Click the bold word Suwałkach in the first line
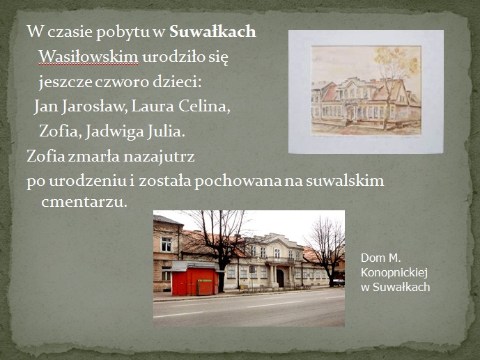[x=212, y=31]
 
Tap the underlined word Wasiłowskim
[x=88, y=57]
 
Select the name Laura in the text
[x=153, y=106]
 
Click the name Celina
[x=204, y=106]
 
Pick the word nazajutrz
[x=159, y=156]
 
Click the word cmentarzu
[x=84, y=202]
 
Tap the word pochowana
[x=238, y=181]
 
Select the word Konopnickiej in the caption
[x=394, y=272]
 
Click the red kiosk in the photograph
[x=195, y=279]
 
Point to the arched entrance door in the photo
[x=280, y=278]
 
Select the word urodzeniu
[x=88, y=181]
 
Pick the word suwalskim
[x=345, y=180]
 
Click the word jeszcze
[x=65, y=82]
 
